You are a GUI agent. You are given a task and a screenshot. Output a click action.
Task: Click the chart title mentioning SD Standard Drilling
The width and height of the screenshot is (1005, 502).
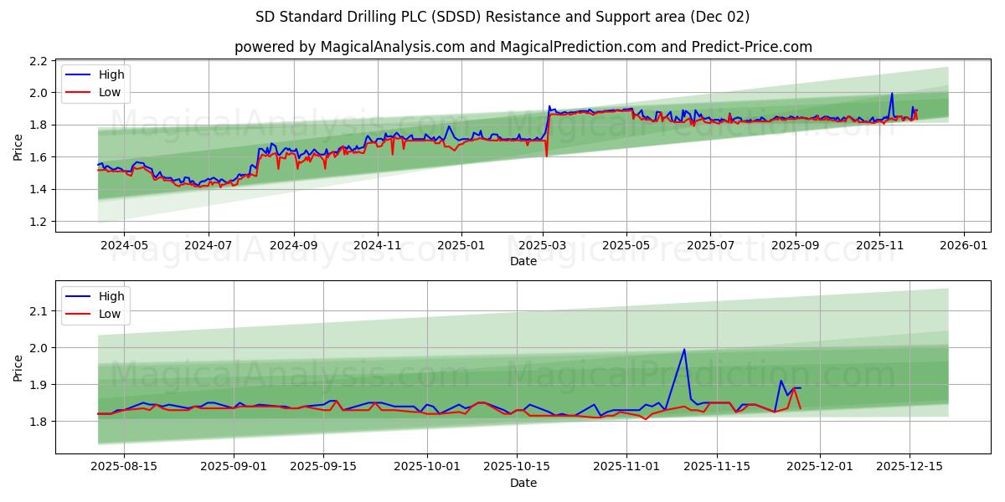click(x=502, y=17)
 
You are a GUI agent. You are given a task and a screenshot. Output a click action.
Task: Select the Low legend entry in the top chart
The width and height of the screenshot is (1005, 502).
click(x=110, y=92)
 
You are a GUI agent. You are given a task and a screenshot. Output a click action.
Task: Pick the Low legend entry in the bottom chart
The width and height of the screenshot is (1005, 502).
click(x=110, y=314)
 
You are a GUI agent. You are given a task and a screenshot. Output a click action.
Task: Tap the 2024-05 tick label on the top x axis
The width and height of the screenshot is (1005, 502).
click(x=124, y=245)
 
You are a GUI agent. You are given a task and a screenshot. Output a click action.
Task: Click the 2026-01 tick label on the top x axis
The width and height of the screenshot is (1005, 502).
click(x=963, y=245)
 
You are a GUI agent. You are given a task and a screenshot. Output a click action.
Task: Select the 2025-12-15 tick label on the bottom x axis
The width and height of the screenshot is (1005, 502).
click(x=910, y=467)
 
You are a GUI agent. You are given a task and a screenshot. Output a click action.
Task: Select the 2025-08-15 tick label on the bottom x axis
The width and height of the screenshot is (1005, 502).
click(x=124, y=467)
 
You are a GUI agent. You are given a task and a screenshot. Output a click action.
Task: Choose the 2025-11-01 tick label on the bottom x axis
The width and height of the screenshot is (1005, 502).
click(x=626, y=467)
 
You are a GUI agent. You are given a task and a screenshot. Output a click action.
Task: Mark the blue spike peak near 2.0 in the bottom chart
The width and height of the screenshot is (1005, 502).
click(x=684, y=350)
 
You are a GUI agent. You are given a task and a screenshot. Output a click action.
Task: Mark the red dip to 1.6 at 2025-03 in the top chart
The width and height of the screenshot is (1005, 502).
click(x=546, y=156)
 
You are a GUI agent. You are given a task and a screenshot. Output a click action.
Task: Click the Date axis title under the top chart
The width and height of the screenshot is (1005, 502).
click(x=523, y=261)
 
